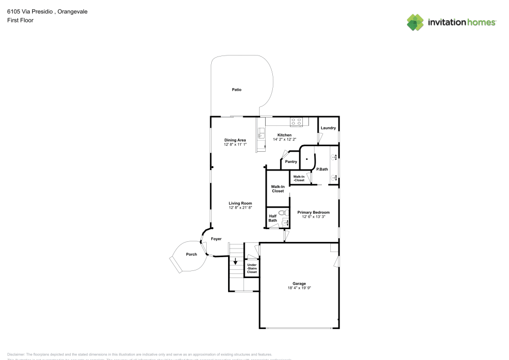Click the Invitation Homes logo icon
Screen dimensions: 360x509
tap(415, 22)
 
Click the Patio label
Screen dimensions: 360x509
tap(236, 90)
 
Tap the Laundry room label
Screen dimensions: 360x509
tap(328, 128)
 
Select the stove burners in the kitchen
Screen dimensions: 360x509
tap(296, 122)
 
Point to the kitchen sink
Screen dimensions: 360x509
tap(261, 134)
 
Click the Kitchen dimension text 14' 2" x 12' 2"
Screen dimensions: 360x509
tap(285, 140)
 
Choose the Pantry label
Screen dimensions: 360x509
tap(291, 162)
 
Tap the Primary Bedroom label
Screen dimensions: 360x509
tap(314, 212)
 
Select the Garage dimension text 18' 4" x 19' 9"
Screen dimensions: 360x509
tap(299, 288)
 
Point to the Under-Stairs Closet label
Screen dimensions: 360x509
tap(252, 269)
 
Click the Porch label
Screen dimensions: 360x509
tap(191, 255)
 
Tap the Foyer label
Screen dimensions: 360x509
tap(216, 239)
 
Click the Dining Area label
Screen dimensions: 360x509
tap(235, 140)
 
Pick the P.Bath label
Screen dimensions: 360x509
tap(322, 169)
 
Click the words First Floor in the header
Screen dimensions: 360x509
tap(20, 20)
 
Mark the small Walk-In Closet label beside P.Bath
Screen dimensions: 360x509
tap(299, 178)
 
